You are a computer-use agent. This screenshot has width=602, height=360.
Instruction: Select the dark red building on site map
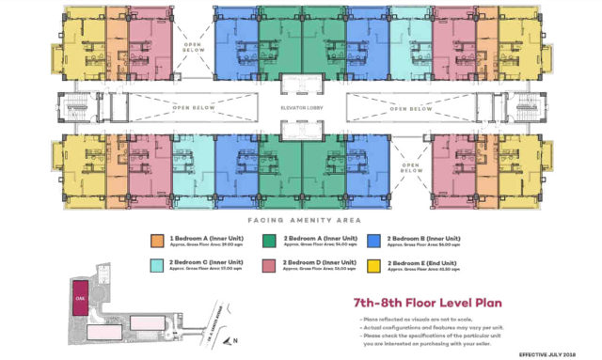[81, 292]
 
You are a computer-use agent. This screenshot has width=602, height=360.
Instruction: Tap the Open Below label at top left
[194, 50]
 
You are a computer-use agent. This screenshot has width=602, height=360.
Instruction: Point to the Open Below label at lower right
[410, 169]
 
